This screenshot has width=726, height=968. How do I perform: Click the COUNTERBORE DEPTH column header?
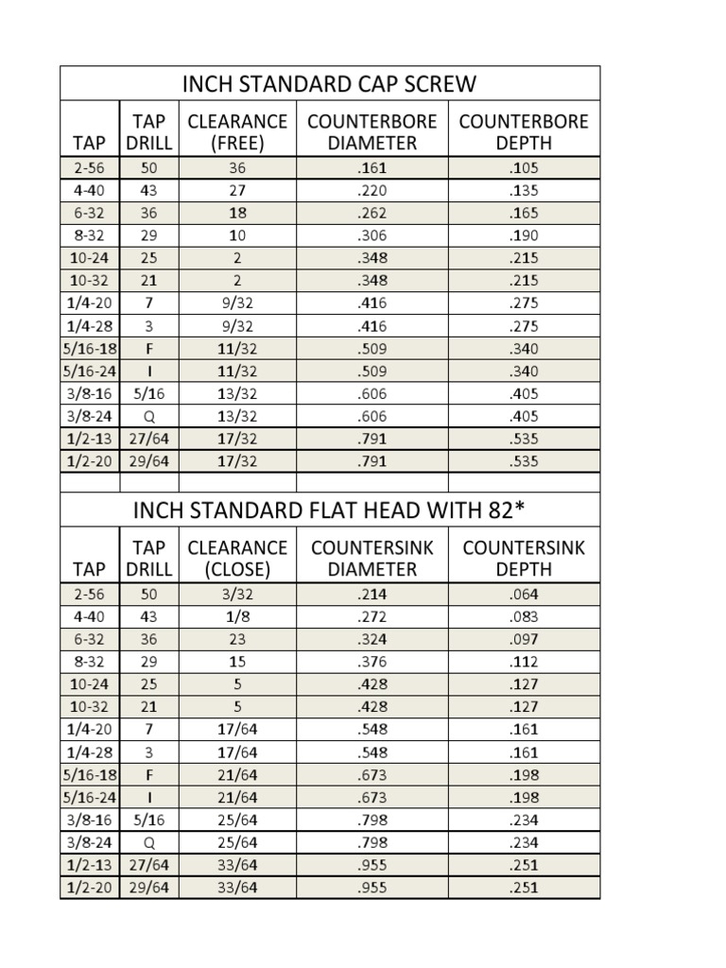click(523, 132)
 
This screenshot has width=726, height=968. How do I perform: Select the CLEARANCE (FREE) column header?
click(237, 132)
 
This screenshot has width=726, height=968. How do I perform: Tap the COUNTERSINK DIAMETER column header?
click(372, 559)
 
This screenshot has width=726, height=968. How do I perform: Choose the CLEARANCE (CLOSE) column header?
click(237, 559)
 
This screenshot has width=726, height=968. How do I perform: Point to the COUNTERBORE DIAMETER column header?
click(372, 132)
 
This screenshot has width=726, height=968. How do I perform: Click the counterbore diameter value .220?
click(372, 191)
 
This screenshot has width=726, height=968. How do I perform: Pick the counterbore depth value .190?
click(523, 235)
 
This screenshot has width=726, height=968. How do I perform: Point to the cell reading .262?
click(372, 214)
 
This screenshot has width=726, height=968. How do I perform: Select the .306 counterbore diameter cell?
click(372, 235)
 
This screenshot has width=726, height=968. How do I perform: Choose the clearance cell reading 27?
click(237, 191)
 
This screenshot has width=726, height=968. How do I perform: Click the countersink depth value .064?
click(523, 595)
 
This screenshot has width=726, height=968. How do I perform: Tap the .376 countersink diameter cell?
click(372, 662)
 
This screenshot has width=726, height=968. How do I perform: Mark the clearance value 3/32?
click(237, 595)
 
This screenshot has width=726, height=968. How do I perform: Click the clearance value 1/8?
click(237, 617)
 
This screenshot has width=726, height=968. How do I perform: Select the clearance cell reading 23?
click(237, 640)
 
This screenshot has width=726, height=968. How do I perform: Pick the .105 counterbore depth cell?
click(523, 168)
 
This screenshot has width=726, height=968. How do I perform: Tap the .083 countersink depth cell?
click(523, 617)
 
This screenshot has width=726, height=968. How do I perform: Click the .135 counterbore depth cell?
click(523, 191)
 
